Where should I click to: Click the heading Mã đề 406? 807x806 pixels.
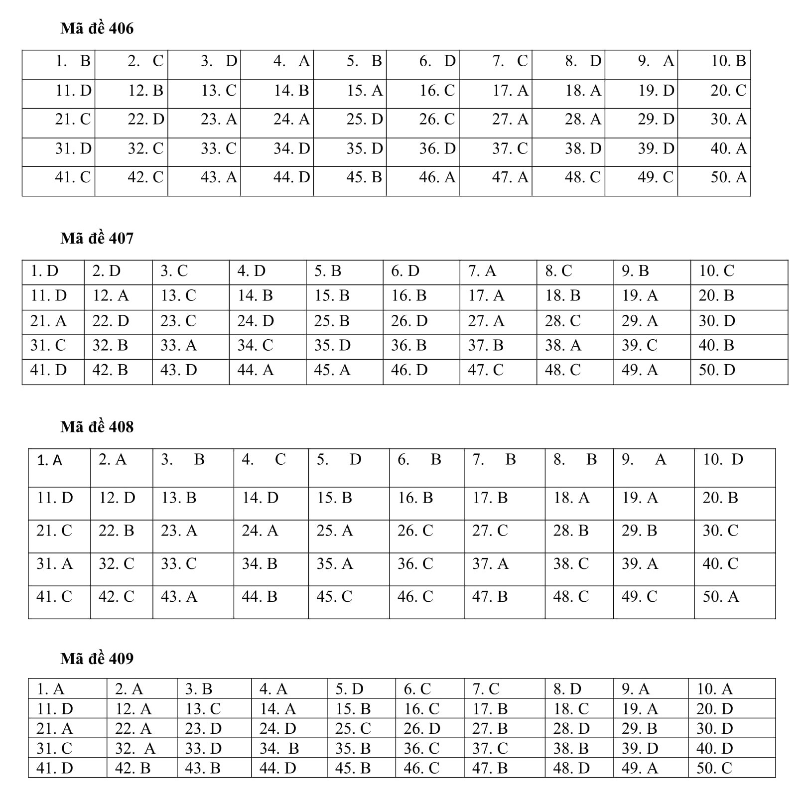click(x=97, y=28)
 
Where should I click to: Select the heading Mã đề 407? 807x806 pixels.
click(x=97, y=238)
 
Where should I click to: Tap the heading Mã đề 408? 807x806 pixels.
click(x=97, y=427)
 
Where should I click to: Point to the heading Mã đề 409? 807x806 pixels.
click(x=97, y=659)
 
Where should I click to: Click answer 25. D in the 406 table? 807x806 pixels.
click(x=365, y=120)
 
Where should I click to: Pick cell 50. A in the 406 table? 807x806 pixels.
click(x=728, y=177)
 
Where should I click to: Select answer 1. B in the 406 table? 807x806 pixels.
click(x=73, y=61)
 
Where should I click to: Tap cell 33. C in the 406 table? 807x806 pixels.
click(x=218, y=148)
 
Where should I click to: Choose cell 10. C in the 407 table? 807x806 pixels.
click(x=716, y=271)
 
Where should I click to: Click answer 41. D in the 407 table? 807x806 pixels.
click(x=48, y=370)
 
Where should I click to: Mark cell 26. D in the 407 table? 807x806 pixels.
click(x=409, y=321)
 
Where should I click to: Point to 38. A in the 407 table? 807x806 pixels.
click(x=563, y=345)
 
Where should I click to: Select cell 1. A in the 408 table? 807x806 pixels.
click(x=50, y=460)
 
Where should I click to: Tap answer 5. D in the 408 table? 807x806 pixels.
click(x=339, y=459)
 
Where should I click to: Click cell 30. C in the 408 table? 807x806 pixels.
click(x=720, y=531)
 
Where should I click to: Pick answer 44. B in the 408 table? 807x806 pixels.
click(x=259, y=596)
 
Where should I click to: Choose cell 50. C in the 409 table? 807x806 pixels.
click(x=714, y=768)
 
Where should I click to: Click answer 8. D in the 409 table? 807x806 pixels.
click(x=567, y=689)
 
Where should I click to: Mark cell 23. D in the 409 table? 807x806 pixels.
click(x=203, y=729)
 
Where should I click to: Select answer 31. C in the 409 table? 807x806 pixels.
click(x=54, y=748)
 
